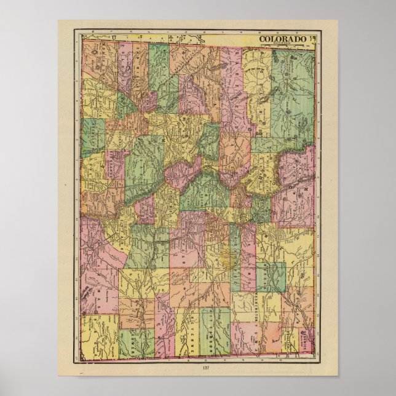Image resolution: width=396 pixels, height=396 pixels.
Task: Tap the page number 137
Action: (x=197, y=368)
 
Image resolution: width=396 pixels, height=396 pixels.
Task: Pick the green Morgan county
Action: (x=271, y=277)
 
